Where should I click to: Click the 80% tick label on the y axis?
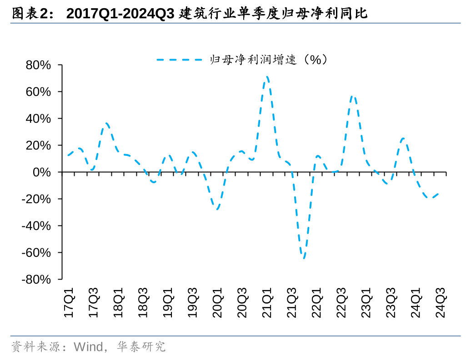(x=38, y=65)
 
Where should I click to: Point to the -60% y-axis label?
(x=36, y=253)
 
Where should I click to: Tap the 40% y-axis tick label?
(x=38, y=119)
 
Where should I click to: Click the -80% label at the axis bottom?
(x=36, y=280)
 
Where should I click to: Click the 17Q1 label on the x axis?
(x=69, y=302)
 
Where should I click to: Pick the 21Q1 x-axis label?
(x=267, y=302)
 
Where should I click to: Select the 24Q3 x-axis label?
(x=440, y=302)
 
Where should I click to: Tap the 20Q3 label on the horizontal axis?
(x=242, y=302)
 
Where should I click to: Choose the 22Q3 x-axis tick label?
(x=341, y=302)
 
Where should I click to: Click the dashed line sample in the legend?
(x=179, y=60)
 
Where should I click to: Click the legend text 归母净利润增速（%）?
(x=268, y=60)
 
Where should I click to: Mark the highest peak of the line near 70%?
(x=267, y=77)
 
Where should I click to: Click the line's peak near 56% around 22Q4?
(x=353, y=96)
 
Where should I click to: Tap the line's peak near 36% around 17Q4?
(x=106, y=123)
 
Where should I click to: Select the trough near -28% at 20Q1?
(x=217, y=209)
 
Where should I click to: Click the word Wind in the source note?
(x=88, y=347)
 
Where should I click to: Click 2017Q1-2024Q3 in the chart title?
(x=120, y=14)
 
